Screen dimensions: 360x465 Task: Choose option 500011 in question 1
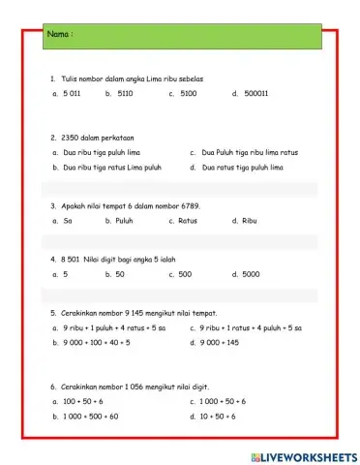(x=255, y=94)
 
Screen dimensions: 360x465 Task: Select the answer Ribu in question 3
(x=250, y=221)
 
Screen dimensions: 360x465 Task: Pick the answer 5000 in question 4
(x=251, y=274)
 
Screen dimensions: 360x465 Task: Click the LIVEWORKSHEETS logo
(x=303, y=454)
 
